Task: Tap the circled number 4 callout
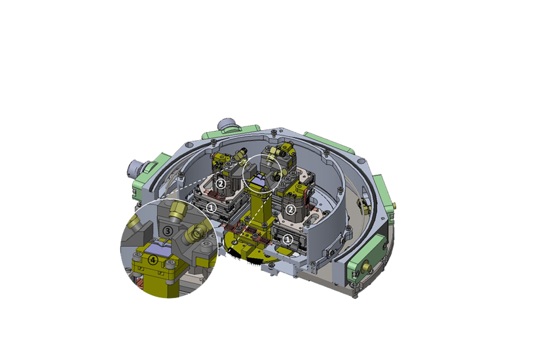pyautogui.click(x=153, y=260)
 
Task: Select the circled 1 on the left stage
pyautogui.click(x=211, y=207)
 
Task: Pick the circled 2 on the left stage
pyautogui.click(x=221, y=184)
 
